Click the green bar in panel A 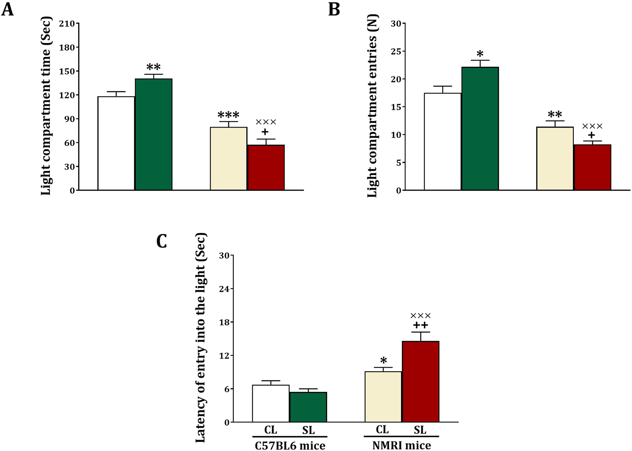click(x=153, y=134)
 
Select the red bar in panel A click(x=266, y=167)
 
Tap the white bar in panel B click(x=442, y=142)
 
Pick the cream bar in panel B click(x=555, y=159)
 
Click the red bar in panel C click(x=421, y=381)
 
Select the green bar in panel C click(x=308, y=407)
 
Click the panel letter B click(x=334, y=9)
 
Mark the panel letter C click(x=162, y=241)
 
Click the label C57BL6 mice click(x=290, y=446)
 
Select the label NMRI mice click(x=401, y=446)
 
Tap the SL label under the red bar click(x=420, y=430)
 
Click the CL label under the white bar click(x=270, y=430)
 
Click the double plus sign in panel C click(x=421, y=325)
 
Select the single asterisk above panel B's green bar click(x=480, y=54)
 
